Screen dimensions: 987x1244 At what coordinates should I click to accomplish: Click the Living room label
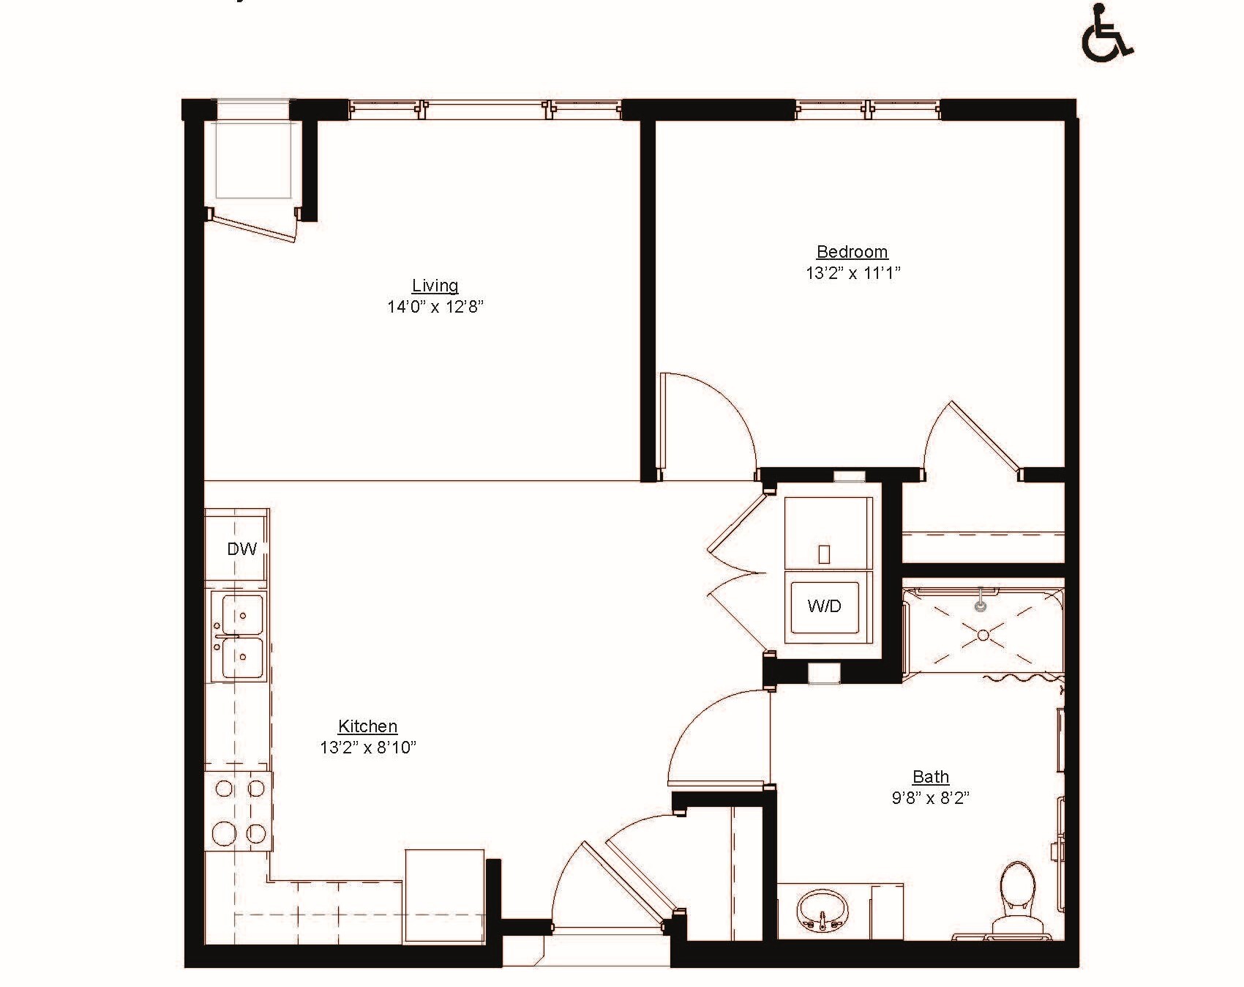[x=435, y=286]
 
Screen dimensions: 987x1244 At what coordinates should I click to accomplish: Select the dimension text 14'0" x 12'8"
[x=435, y=307]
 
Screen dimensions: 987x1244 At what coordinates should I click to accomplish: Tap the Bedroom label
[x=852, y=252]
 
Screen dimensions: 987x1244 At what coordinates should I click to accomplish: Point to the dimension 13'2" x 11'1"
[x=853, y=273]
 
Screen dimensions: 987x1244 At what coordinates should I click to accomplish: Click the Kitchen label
[x=367, y=726]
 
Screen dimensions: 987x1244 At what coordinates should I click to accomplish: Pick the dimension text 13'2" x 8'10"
[x=367, y=748]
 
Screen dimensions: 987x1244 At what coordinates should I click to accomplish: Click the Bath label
[x=930, y=776]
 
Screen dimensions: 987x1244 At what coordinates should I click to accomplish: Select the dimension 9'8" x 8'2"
[x=930, y=797]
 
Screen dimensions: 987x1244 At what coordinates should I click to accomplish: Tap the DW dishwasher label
[x=241, y=548]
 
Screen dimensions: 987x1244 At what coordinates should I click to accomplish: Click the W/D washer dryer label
[x=824, y=606]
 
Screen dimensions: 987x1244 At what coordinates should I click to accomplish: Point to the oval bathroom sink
[x=821, y=909]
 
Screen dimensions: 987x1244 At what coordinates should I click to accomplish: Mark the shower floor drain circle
[x=983, y=635]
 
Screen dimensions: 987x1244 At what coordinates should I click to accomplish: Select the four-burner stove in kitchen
[x=239, y=811]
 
